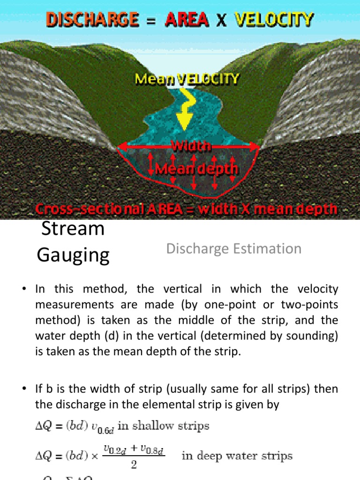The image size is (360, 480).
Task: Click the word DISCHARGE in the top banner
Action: pyautogui.click(x=92, y=20)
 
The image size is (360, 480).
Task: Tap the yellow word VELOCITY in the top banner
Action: pyautogui.click(x=274, y=20)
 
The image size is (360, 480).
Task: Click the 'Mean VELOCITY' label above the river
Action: pyautogui.click(x=187, y=80)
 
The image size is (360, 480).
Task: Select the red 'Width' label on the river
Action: pyautogui.click(x=191, y=146)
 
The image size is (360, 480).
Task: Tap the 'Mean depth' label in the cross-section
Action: pyautogui.click(x=197, y=168)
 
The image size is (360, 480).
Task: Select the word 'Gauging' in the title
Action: pyautogui.click(x=73, y=255)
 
